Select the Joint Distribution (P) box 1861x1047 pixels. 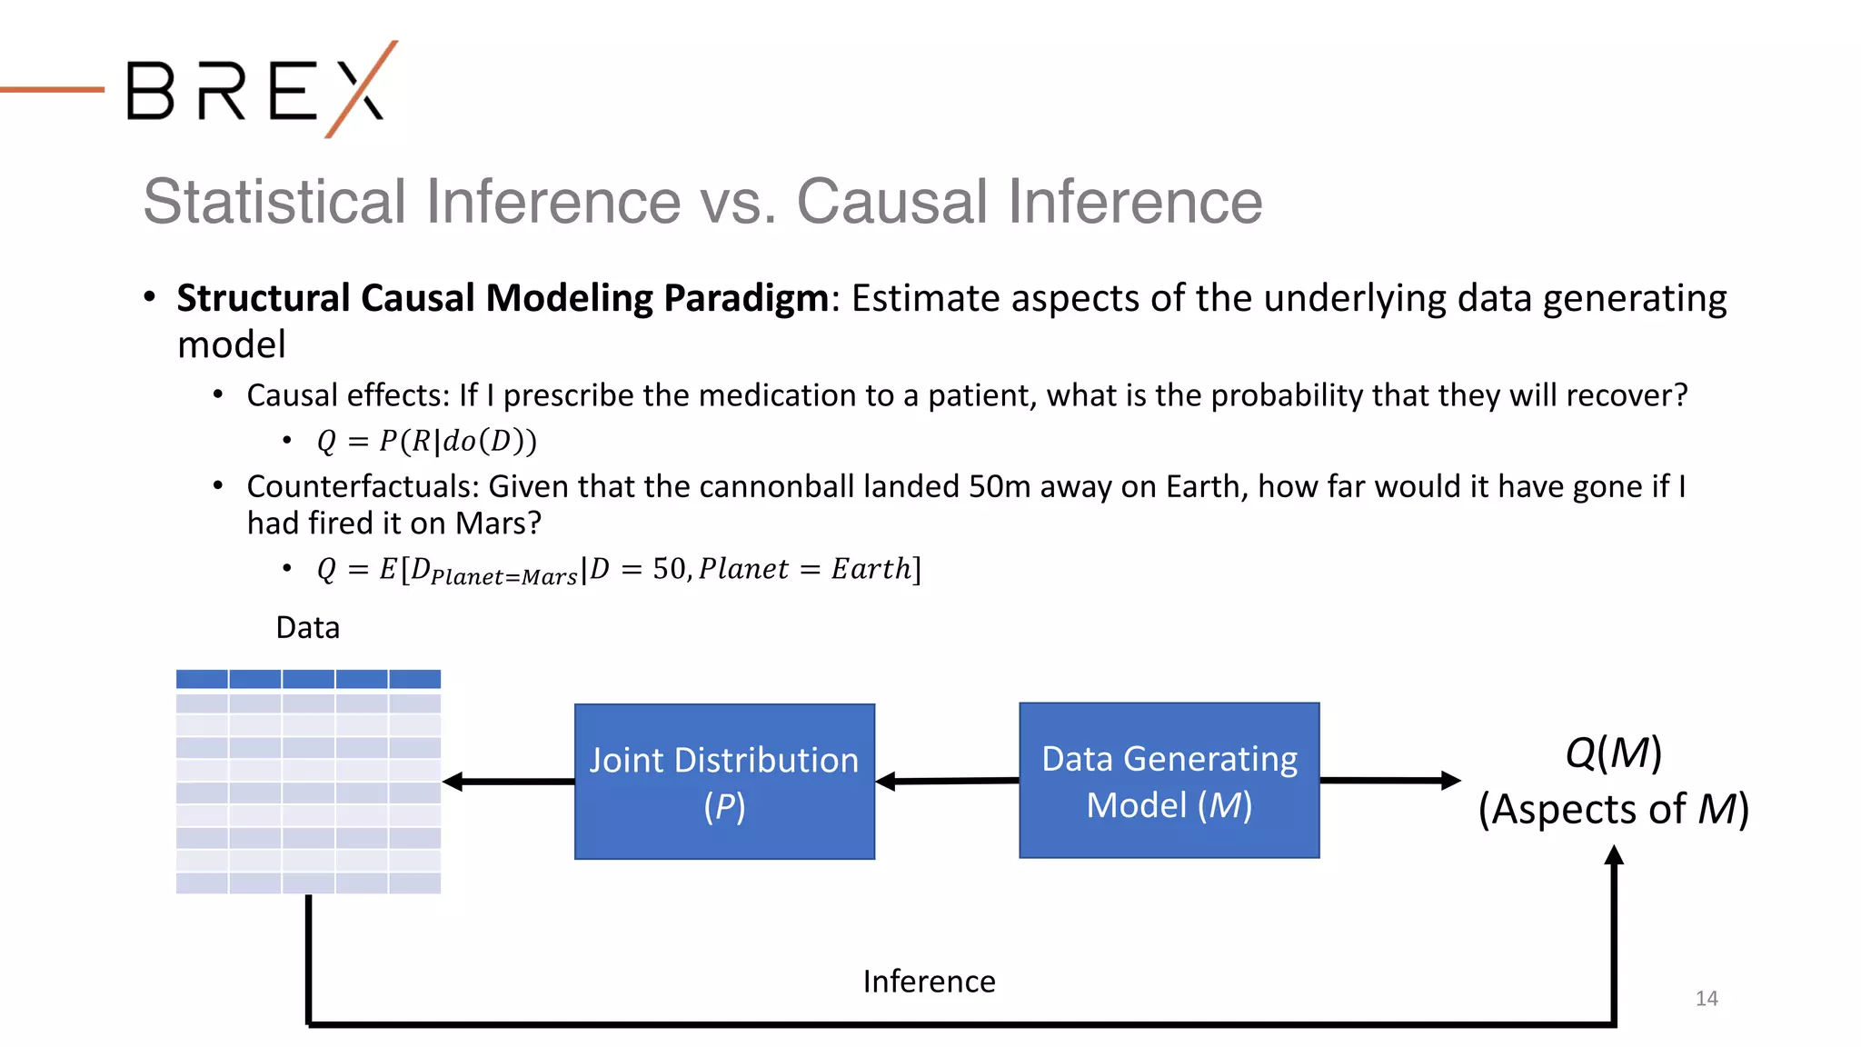pyautogui.click(x=724, y=782)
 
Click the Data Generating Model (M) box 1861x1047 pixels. pyautogui.click(x=1169, y=781)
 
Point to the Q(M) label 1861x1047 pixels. pyautogui.click(x=1613, y=753)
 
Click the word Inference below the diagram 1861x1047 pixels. pyautogui.click(x=929, y=982)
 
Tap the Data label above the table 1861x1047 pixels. pyautogui.click(x=308, y=628)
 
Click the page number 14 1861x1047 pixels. pyautogui.click(x=1706, y=999)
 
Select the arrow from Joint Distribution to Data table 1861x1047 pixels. pyautogui.click(x=508, y=782)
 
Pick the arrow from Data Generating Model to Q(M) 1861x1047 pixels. pyautogui.click(x=1389, y=780)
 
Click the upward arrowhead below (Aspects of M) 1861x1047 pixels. pyautogui.click(x=1614, y=856)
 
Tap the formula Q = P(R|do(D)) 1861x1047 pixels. pyautogui.click(x=426, y=442)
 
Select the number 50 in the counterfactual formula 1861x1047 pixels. pyautogui.click(x=670, y=569)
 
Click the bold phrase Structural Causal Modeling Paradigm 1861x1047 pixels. pyautogui.click(x=503, y=298)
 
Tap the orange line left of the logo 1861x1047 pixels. pyautogui.click(x=52, y=89)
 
